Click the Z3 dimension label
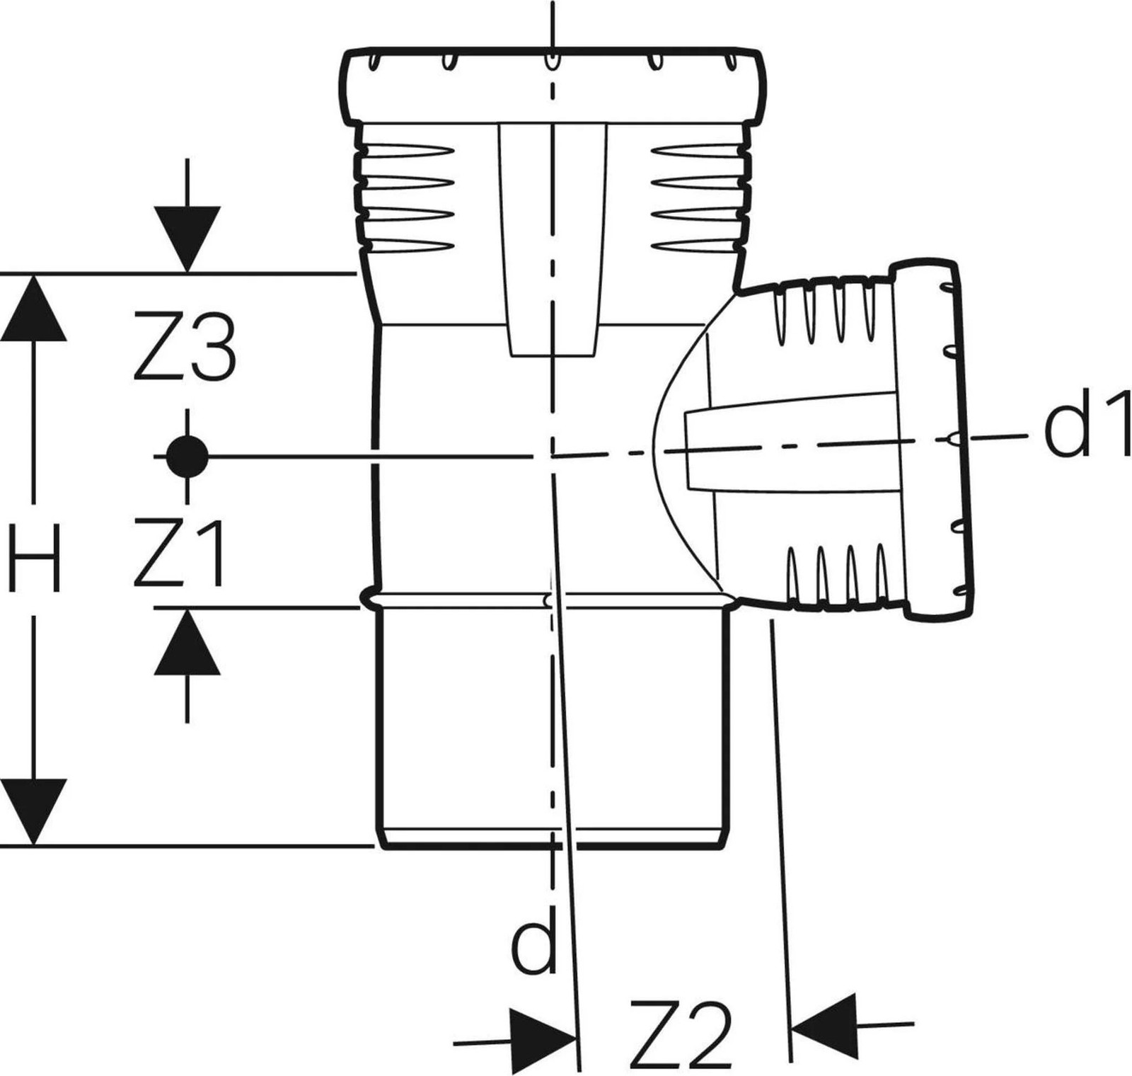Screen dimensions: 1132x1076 click(184, 348)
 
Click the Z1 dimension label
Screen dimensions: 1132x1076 click(180, 553)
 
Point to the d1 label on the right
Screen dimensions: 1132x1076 click(1087, 430)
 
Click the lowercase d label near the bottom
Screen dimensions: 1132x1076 click(534, 939)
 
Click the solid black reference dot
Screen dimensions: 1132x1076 click(187, 457)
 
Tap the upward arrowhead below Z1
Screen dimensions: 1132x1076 click(187, 641)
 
